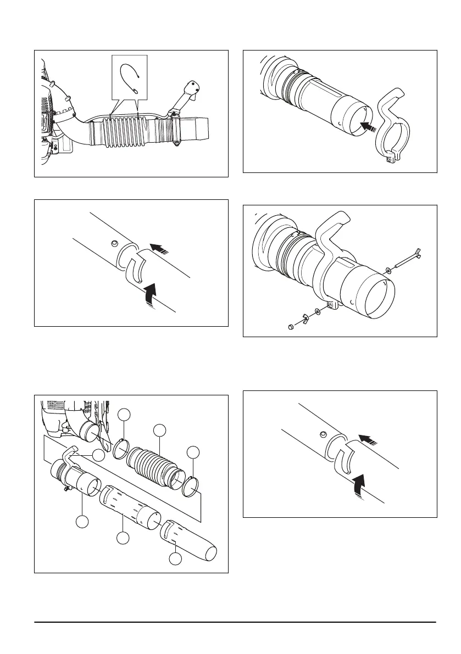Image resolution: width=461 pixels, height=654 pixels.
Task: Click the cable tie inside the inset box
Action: (x=131, y=77)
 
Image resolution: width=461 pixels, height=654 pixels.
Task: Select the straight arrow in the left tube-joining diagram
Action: (x=158, y=249)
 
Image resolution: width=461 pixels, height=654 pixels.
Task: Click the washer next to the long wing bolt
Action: (x=389, y=269)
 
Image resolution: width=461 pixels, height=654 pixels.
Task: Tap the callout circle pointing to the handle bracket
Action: (x=98, y=455)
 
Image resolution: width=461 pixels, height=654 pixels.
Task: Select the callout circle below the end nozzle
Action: (x=175, y=558)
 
